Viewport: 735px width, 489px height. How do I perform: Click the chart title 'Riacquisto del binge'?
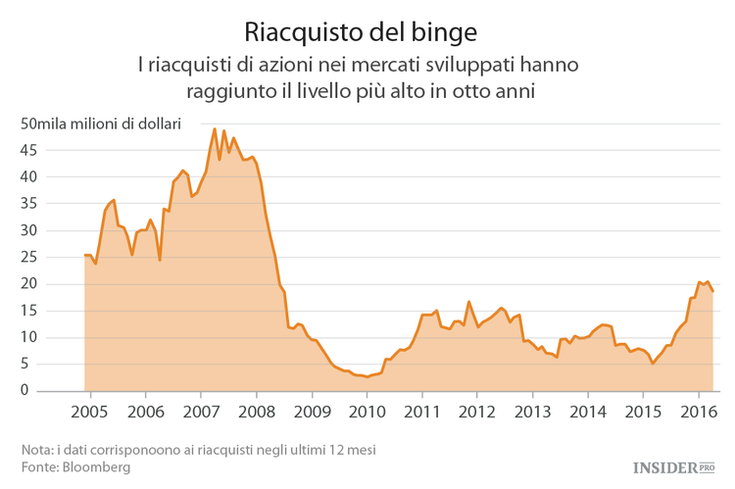[x=361, y=31]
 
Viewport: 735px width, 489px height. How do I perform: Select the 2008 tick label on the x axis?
[x=257, y=411]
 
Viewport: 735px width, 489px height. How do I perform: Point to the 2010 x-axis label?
[x=367, y=411]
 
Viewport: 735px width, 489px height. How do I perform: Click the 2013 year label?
[x=532, y=411]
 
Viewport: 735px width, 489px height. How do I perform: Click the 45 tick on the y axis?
[x=29, y=151]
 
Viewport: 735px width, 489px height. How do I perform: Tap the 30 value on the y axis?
[x=29, y=231]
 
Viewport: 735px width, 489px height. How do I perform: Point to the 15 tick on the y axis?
[x=29, y=311]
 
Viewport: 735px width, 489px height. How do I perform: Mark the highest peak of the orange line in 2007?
[x=215, y=128]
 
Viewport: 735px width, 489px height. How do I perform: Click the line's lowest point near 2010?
[x=366, y=376]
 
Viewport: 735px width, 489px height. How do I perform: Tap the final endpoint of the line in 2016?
[x=712, y=291]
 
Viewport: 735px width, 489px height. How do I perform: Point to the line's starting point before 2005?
[x=85, y=255]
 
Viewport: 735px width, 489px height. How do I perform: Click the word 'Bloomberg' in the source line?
[x=95, y=467]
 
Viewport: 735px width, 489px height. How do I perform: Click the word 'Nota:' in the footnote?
[x=38, y=450]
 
